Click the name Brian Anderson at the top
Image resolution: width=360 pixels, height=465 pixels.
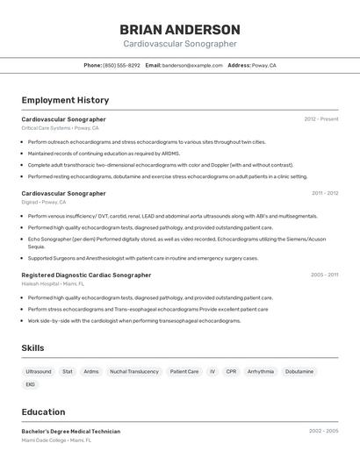[x=179, y=30]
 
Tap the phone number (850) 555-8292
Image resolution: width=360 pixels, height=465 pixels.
[x=121, y=65]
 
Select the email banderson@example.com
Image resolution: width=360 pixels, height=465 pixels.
[x=191, y=65]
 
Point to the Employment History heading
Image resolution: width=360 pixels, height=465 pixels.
[x=65, y=100]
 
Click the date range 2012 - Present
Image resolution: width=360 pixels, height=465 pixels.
[x=321, y=119]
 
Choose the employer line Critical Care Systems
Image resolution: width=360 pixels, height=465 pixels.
[x=60, y=128]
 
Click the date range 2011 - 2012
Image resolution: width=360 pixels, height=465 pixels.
[x=324, y=193]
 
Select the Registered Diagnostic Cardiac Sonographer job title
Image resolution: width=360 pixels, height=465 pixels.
[x=86, y=275]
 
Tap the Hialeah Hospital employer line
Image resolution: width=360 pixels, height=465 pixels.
[x=53, y=284]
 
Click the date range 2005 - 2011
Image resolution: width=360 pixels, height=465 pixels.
[x=324, y=275]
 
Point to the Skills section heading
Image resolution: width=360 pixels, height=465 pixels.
[x=33, y=348]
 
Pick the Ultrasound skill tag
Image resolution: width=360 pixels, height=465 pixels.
[x=39, y=372]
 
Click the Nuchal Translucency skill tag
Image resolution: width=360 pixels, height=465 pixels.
[x=134, y=372]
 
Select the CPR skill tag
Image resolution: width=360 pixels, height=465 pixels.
[x=231, y=372]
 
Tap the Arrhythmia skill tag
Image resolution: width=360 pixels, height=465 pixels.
[x=261, y=372]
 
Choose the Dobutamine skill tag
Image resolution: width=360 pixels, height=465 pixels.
[x=299, y=372]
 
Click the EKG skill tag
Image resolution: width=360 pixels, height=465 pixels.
[x=31, y=384]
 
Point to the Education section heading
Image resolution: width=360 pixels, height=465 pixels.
[x=43, y=412]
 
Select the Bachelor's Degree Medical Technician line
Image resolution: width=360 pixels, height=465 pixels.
[x=70, y=432]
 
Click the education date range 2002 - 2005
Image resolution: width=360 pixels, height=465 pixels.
[x=323, y=432]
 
